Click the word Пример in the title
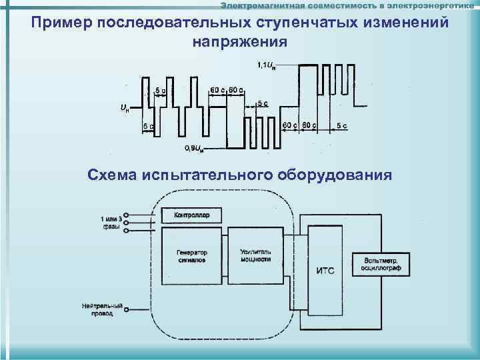tap(61, 23)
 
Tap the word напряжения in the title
tap(240, 41)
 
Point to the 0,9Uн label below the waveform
tap(194, 147)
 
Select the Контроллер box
tap(191, 215)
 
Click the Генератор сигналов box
tap(191, 257)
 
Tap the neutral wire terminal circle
tap(127, 309)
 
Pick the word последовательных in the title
tap(174, 23)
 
